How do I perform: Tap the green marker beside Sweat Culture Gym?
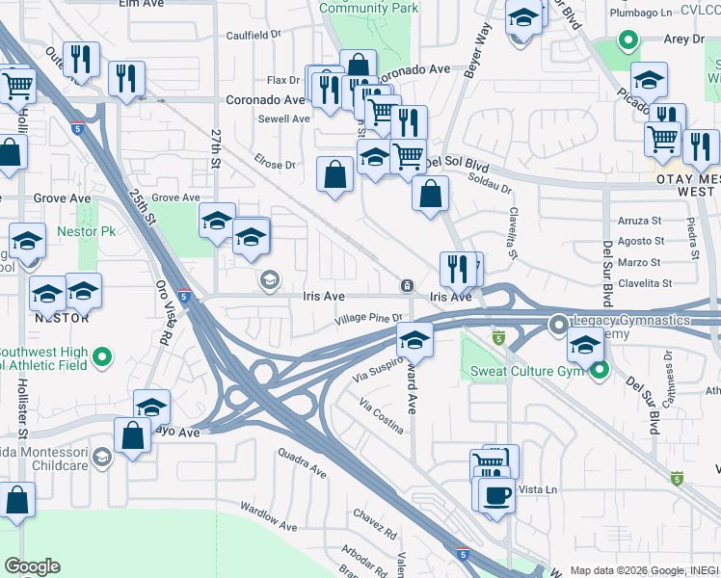click(600, 369)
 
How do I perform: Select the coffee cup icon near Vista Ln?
click(497, 496)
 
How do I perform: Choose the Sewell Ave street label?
click(283, 119)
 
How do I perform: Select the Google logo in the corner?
click(32, 566)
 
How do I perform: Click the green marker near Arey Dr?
click(628, 41)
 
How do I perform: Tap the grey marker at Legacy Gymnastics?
click(557, 326)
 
